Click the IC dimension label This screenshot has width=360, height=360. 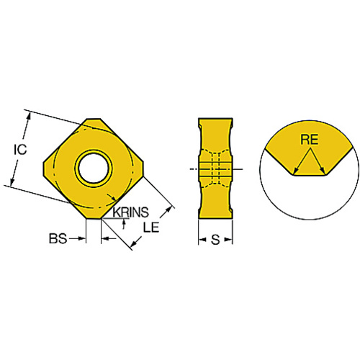(x=20, y=150)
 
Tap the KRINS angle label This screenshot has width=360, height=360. (x=131, y=212)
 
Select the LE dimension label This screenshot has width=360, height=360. (x=151, y=227)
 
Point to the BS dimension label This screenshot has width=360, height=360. (x=58, y=238)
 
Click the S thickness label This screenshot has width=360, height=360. (x=215, y=240)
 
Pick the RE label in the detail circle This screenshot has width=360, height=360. (x=310, y=140)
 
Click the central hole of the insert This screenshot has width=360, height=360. (x=94, y=167)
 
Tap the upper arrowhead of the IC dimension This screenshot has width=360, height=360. (x=29, y=116)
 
